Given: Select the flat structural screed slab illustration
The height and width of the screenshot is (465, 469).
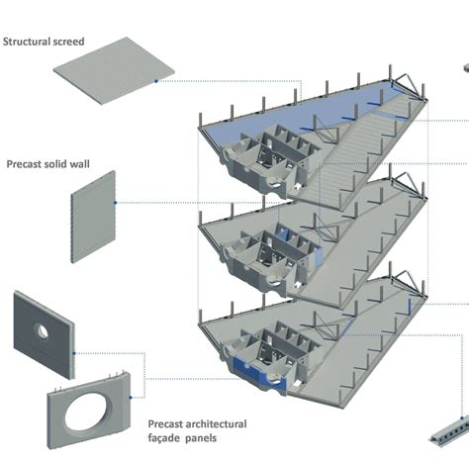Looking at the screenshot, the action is pos(114,70).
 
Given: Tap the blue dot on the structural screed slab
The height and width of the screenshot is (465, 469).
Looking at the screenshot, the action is pos(156,81).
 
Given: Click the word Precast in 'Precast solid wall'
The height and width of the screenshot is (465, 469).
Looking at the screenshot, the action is pos(23,164).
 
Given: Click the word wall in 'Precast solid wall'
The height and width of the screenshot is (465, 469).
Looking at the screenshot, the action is pos(80,164).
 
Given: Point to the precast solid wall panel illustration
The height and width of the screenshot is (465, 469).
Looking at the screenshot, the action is pos(93,217).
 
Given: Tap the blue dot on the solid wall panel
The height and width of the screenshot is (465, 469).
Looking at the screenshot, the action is pos(115,203).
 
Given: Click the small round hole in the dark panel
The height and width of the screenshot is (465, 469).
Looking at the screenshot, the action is pos(42,331).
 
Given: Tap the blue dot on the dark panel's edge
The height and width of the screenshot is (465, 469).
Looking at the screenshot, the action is pos(74,353).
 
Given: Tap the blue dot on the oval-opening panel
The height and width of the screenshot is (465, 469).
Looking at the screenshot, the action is pos(131,398).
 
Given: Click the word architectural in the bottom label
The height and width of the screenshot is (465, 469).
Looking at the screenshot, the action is pos(216,424).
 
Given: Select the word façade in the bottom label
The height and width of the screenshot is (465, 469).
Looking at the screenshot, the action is pos(164,438).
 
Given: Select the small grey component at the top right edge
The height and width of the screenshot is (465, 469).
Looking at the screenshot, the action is pos(466,68).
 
